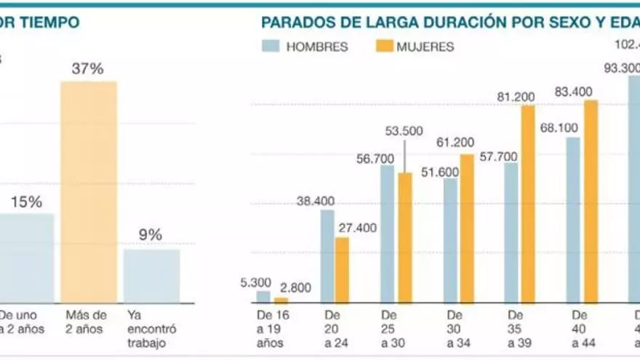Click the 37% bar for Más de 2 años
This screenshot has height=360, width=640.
(x=88, y=192)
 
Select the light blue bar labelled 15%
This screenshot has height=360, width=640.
(x=26, y=257)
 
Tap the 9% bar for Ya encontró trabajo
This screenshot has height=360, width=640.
(x=151, y=276)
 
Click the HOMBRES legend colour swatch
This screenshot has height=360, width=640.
(x=270, y=47)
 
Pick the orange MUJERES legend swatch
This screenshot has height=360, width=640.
(x=384, y=47)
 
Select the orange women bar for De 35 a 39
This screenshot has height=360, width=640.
(x=528, y=204)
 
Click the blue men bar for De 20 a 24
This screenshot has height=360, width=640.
(x=327, y=256)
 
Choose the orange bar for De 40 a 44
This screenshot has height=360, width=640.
(x=591, y=201)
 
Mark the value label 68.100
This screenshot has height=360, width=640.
(x=559, y=128)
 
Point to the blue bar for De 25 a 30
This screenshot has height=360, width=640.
(x=388, y=233)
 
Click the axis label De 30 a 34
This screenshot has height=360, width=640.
(x=455, y=329)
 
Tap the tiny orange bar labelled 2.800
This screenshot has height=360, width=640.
(x=281, y=300)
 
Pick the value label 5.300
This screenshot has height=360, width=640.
(x=254, y=282)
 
